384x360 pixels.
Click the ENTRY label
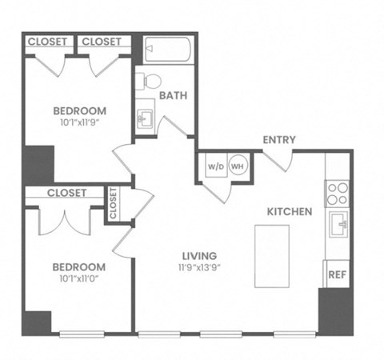(279, 140)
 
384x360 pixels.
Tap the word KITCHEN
(289, 212)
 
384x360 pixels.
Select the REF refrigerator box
(336, 274)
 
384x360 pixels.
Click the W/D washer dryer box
(215, 166)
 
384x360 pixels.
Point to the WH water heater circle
(238, 166)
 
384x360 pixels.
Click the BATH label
(174, 95)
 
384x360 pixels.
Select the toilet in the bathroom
(149, 80)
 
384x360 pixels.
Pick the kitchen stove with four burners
(337, 193)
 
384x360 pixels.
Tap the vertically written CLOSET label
(113, 203)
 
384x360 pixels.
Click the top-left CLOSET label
(47, 42)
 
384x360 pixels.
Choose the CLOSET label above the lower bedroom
(66, 193)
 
